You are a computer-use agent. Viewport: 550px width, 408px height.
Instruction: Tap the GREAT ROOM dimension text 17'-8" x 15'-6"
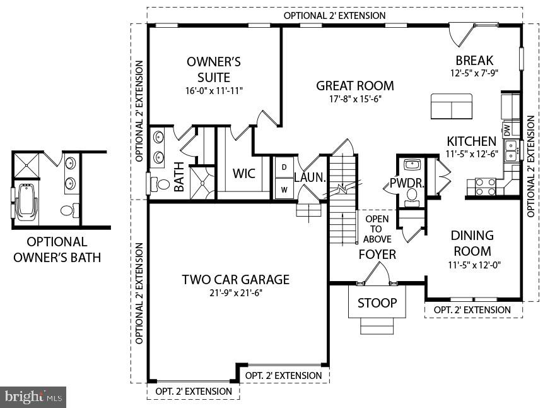click(x=354, y=99)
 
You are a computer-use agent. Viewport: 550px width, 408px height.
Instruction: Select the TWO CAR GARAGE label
click(x=235, y=279)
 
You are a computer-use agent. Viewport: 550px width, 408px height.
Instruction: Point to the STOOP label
click(x=377, y=303)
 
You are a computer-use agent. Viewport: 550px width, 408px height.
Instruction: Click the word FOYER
click(x=377, y=255)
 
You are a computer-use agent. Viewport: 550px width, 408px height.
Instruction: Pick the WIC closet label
click(x=243, y=173)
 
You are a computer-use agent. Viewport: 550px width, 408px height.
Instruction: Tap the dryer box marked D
click(x=284, y=167)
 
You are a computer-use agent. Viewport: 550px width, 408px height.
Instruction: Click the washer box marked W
click(x=284, y=188)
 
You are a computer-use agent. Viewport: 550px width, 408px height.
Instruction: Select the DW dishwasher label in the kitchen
click(x=506, y=129)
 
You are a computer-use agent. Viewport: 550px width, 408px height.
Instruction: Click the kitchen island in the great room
click(x=451, y=106)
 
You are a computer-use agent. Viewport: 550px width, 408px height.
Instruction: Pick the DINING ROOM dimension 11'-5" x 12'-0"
click(x=472, y=266)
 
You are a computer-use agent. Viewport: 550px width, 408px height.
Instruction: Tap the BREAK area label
click(x=474, y=61)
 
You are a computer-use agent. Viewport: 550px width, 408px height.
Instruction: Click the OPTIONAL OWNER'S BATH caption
click(x=57, y=249)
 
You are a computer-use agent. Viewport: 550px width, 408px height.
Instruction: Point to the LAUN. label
click(x=309, y=178)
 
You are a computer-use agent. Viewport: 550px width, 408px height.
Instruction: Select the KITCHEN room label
click(x=471, y=141)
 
